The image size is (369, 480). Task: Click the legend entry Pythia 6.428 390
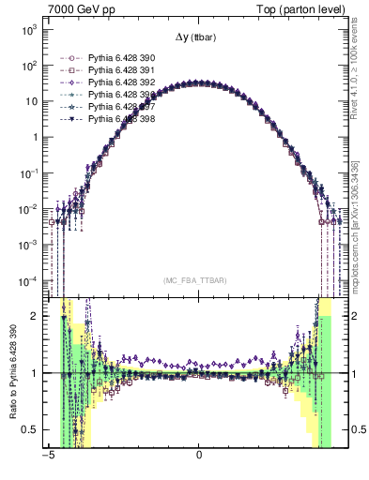pos(120,58)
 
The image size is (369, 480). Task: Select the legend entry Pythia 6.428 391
pos(120,70)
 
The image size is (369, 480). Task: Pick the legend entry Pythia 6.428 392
pos(120,82)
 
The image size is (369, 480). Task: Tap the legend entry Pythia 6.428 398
pos(120,119)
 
